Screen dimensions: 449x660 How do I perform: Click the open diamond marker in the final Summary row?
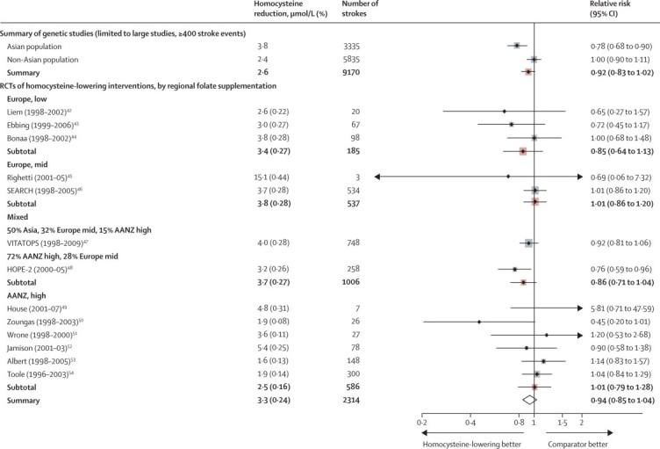[x=529, y=399]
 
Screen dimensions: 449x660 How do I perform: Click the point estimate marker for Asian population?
[x=517, y=45]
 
